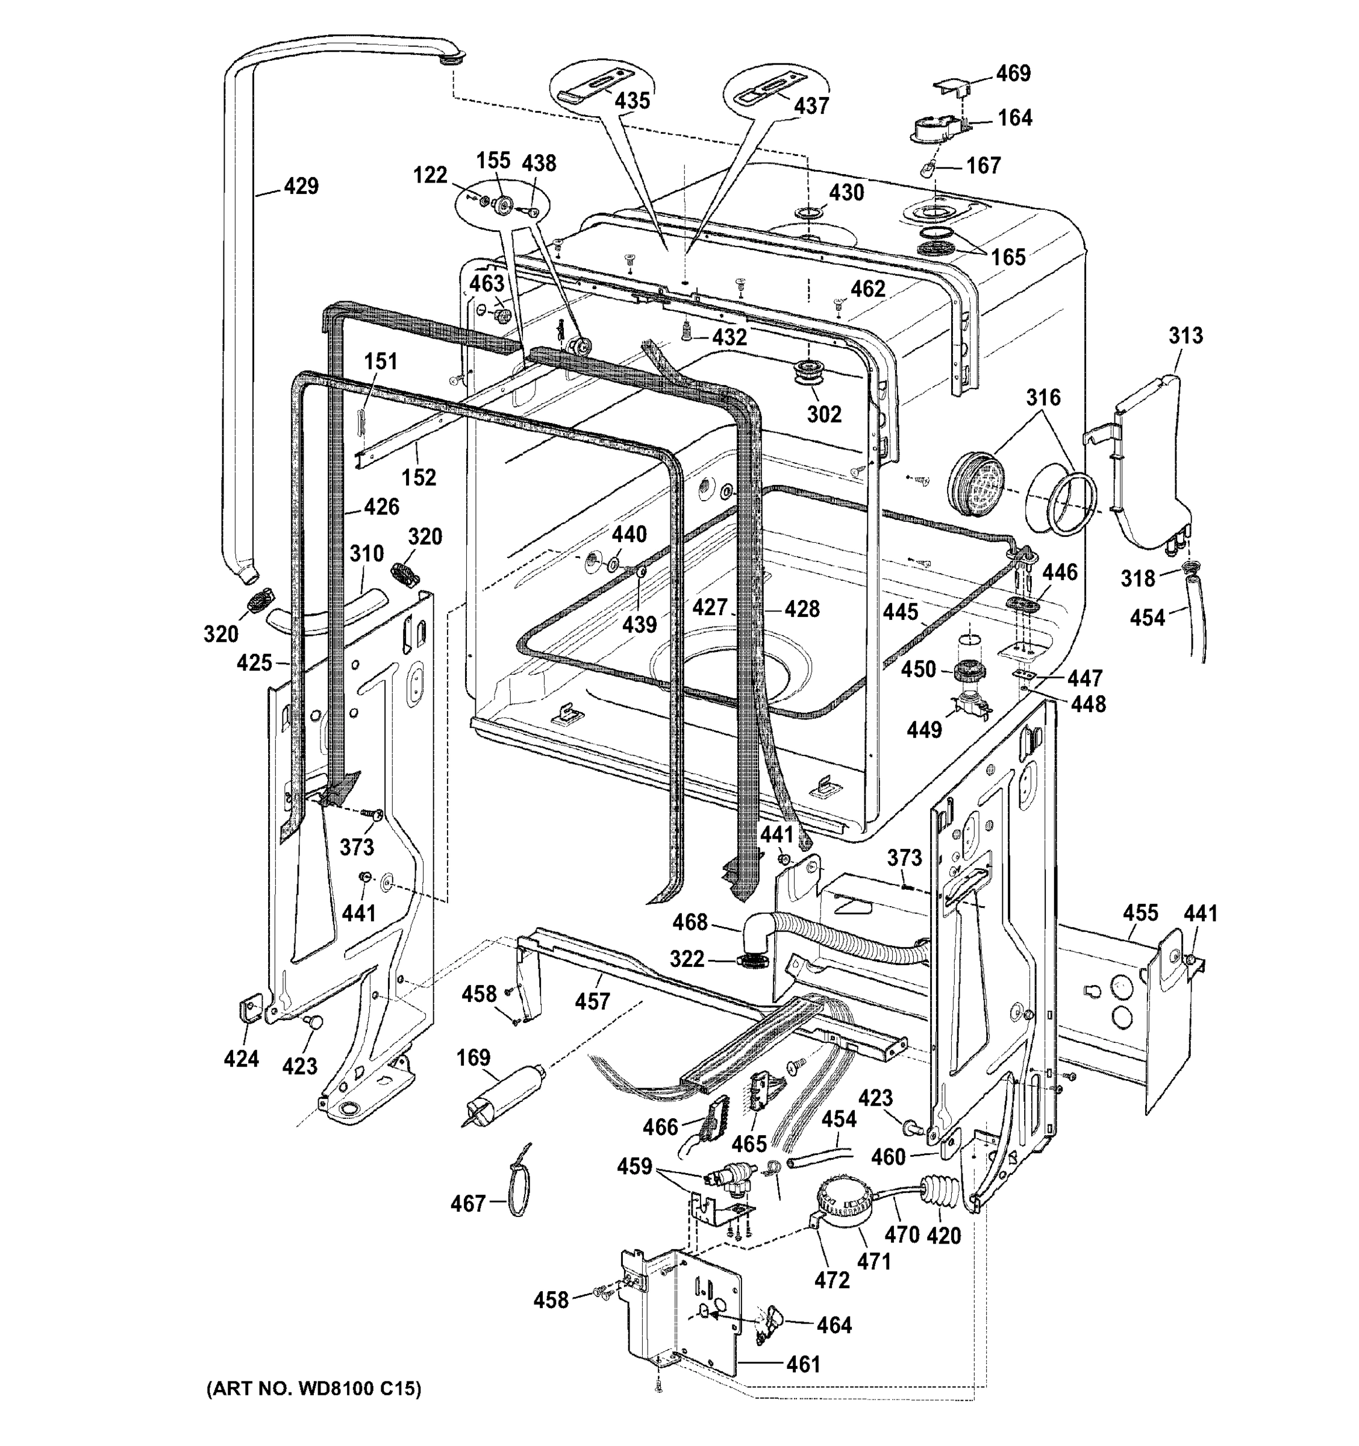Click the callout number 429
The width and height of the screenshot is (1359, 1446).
click(301, 186)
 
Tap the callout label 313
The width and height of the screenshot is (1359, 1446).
click(1186, 336)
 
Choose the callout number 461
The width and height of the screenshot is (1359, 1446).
click(803, 1364)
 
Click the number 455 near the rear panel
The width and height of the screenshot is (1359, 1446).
click(1139, 913)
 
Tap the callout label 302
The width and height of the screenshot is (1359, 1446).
click(824, 414)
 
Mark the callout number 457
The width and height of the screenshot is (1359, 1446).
click(592, 1001)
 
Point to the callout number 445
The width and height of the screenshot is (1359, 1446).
click(900, 612)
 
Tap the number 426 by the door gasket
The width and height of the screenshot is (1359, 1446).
click(381, 506)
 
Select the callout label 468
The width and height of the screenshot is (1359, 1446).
click(689, 922)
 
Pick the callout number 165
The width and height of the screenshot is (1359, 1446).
click(1008, 257)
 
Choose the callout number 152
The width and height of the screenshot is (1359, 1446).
click(419, 477)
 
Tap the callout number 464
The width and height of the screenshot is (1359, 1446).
click(833, 1325)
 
